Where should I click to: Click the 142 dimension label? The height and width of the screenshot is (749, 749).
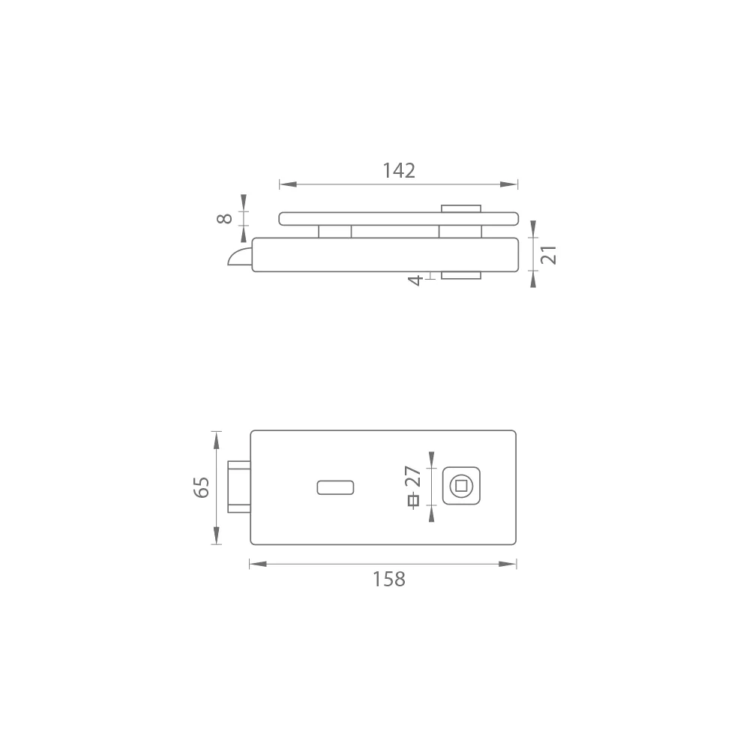coord(399,170)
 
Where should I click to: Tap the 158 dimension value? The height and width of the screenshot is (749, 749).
coord(389,579)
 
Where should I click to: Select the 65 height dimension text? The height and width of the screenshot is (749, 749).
coord(202,487)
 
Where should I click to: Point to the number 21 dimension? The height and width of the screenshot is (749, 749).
coord(549,255)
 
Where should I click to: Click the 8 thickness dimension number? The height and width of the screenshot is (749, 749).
coord(224,218)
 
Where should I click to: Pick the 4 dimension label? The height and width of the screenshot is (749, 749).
coord(415,280)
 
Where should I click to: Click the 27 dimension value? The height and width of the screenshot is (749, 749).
coord(412,476)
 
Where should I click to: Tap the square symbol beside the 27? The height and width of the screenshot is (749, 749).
coord(414,501)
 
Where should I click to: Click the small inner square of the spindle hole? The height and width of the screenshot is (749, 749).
coord(461,487)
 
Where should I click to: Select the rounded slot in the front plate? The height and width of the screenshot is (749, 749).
coord(335,487)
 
